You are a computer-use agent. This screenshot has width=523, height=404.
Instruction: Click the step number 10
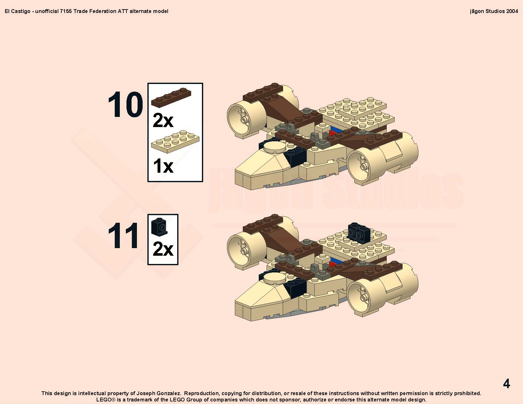click(x=126, y=105)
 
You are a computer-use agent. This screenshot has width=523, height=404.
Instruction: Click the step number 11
click(x=123, y=235)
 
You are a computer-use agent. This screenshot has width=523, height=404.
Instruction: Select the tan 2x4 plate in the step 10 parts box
click(x=175, y=142)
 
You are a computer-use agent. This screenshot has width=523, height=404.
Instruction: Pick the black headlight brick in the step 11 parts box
click(x=159, y=227)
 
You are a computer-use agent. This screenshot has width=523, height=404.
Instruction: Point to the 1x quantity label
click(x=163, y=166)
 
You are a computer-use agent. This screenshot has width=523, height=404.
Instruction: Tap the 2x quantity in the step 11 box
click(x=163, y=249)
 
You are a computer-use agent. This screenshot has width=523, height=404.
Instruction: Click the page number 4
click(x=507, y=383)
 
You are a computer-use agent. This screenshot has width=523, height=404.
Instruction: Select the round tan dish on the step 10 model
click(x=275, y=147)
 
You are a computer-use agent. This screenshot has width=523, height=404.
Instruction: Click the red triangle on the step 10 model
click(x=333, y=133)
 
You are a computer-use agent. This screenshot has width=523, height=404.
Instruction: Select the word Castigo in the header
click(x=21, y=11)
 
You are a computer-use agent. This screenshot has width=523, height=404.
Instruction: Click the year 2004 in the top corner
click(x=512, y=11)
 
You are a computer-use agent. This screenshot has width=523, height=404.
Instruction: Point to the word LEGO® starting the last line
click(x=106, y=400)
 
